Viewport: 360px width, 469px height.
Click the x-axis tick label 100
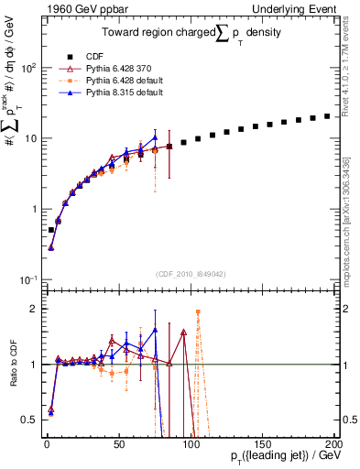(x=191, y=443)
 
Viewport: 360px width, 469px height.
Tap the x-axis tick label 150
(x=263, y=443)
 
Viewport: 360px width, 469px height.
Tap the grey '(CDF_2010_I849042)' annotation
(x=190, y=273)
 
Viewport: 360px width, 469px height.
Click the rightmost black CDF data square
(x=327, y=116)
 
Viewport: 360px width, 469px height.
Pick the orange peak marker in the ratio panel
(x=198, y=311)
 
